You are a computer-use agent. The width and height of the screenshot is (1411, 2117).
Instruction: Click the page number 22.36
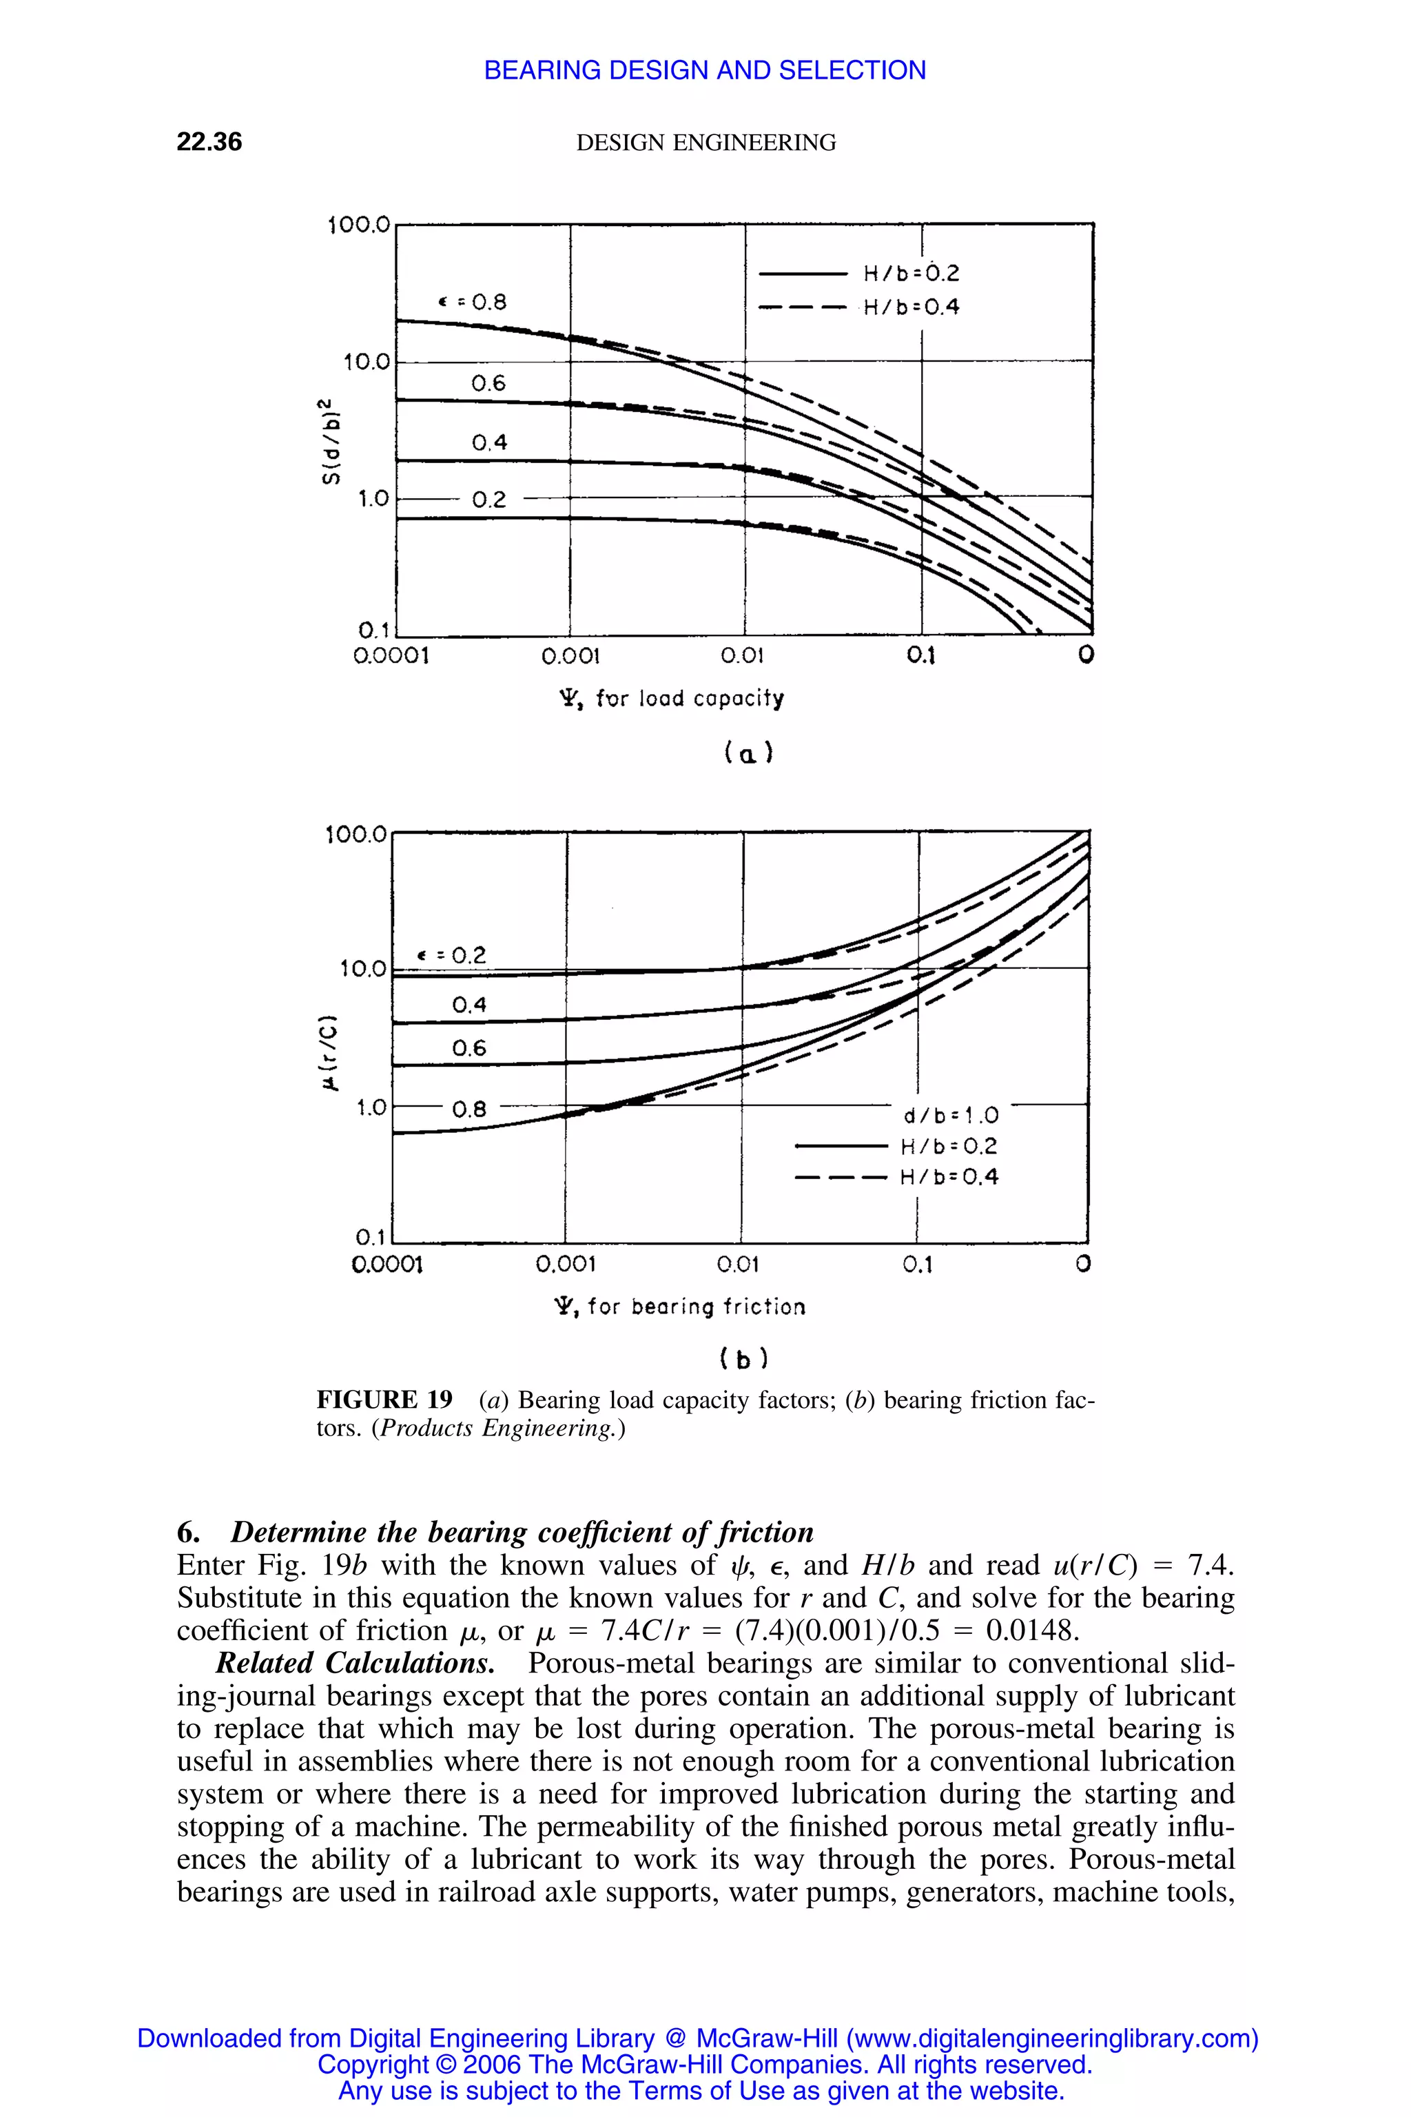point(209,142)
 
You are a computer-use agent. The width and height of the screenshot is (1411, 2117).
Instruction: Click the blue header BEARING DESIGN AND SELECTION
point(705,70)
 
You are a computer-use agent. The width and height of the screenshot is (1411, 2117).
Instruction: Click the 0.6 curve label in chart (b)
point(468,1047)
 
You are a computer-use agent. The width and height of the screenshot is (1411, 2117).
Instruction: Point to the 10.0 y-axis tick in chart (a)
point(367,362)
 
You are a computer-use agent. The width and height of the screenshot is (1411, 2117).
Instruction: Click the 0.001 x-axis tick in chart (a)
point(570,656)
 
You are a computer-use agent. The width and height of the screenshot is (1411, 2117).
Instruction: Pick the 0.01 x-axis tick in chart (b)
point(738,1265)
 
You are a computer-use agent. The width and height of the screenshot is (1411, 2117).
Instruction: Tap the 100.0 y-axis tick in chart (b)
point(356,835)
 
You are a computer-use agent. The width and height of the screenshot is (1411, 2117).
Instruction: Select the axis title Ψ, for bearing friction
point(680,1307)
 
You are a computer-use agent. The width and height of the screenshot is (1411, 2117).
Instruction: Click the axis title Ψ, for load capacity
point(671,699)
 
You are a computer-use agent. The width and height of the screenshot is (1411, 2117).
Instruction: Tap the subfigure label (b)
point(743,1359)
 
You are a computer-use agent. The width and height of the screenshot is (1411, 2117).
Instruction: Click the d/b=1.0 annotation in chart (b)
point(950,1116)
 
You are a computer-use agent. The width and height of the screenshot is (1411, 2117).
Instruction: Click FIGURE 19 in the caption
point(384,1400)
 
